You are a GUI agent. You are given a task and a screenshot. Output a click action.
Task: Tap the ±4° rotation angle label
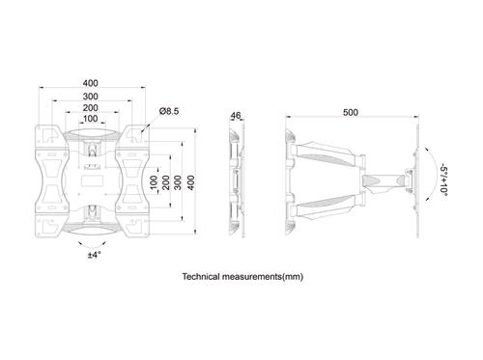[x=94, y=255]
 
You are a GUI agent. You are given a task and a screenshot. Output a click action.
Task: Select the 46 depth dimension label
[x=235, y=116]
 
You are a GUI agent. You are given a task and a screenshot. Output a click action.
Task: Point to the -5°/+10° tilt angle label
[x=443, y=178]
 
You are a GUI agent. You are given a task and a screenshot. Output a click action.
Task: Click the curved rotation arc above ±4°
[x=94, y=241]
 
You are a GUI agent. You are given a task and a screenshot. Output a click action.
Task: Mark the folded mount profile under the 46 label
[x=235, y=179]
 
